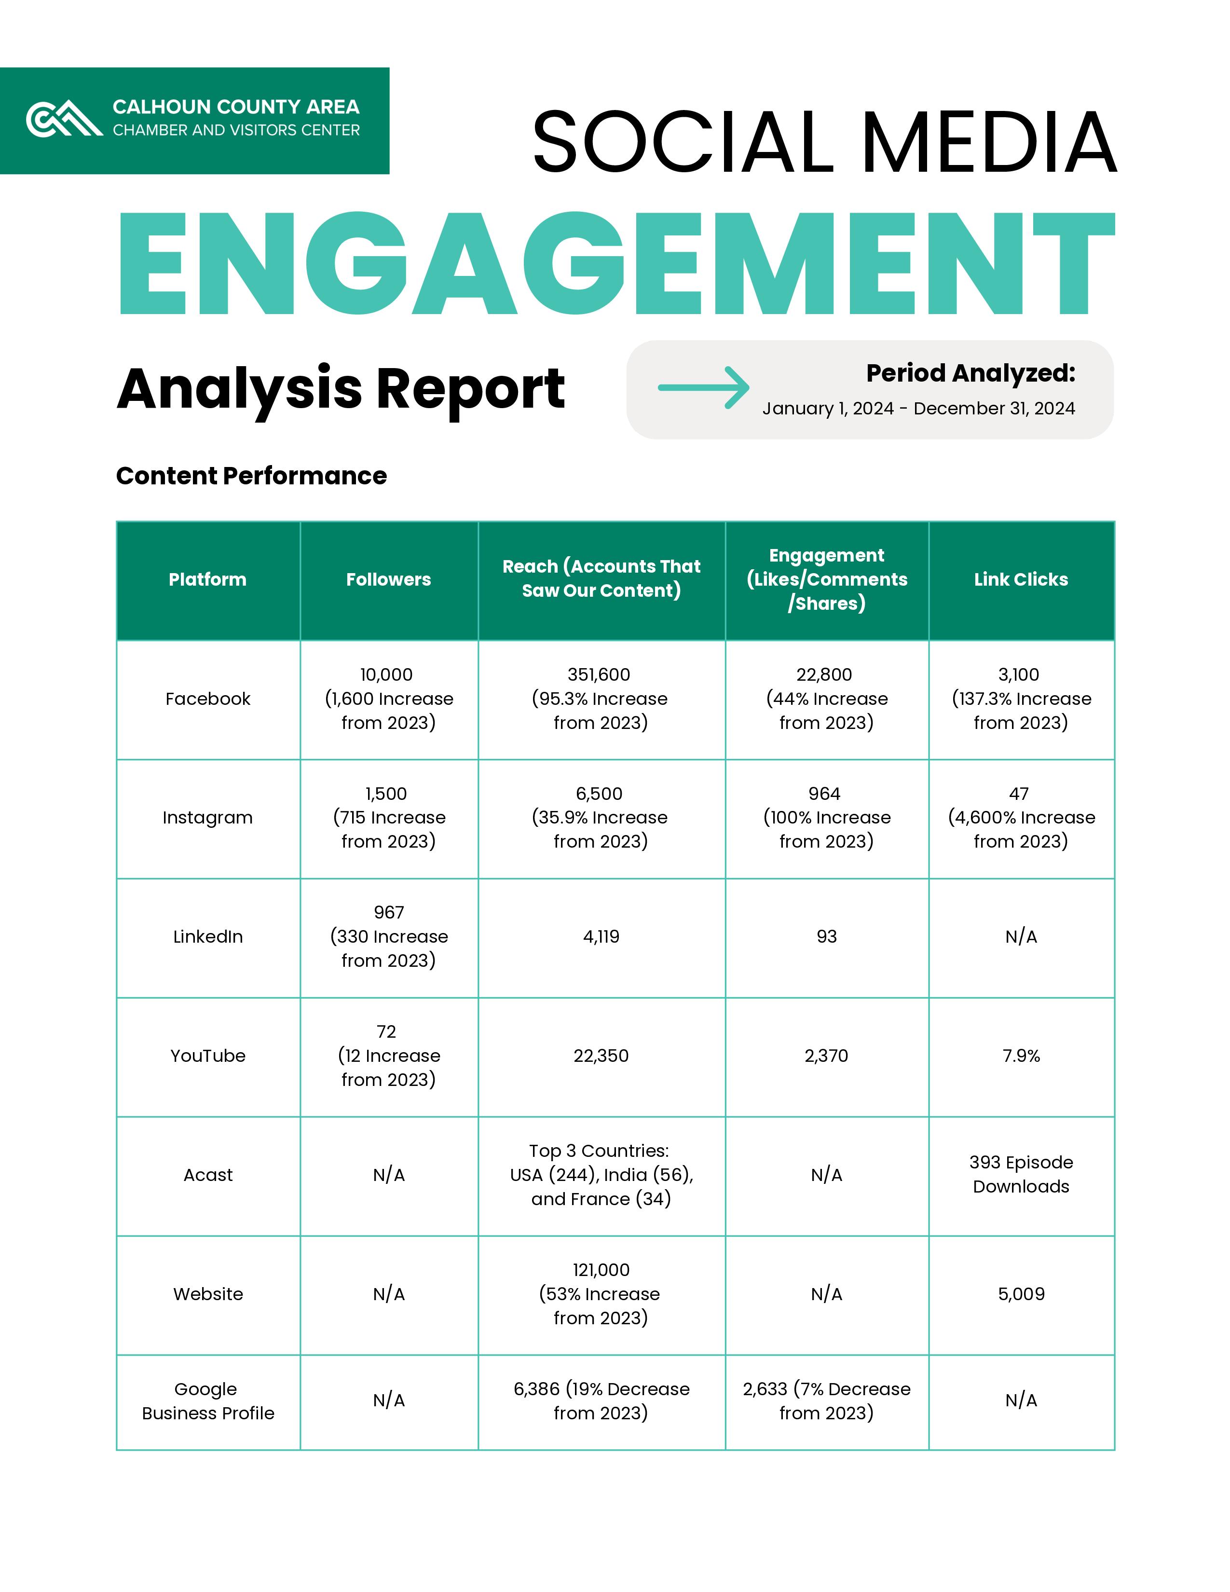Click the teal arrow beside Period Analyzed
point(703,387)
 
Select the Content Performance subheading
point(251,476)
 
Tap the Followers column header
point(388,579)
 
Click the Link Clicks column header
point(1021,579)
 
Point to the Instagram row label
point(208,818)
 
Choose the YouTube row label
point(208,1056)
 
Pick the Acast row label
point(208,1175)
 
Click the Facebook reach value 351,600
point(599,675)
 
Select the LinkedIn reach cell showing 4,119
point(601,937)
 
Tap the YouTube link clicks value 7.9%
point(1021,1056)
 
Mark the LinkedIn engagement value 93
point(826,937)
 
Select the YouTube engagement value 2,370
point(826,1056)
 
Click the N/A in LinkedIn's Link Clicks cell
point(1021,937)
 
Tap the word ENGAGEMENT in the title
point(616,264)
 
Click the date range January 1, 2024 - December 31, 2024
point(918,409)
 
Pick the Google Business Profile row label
point(208,1401)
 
